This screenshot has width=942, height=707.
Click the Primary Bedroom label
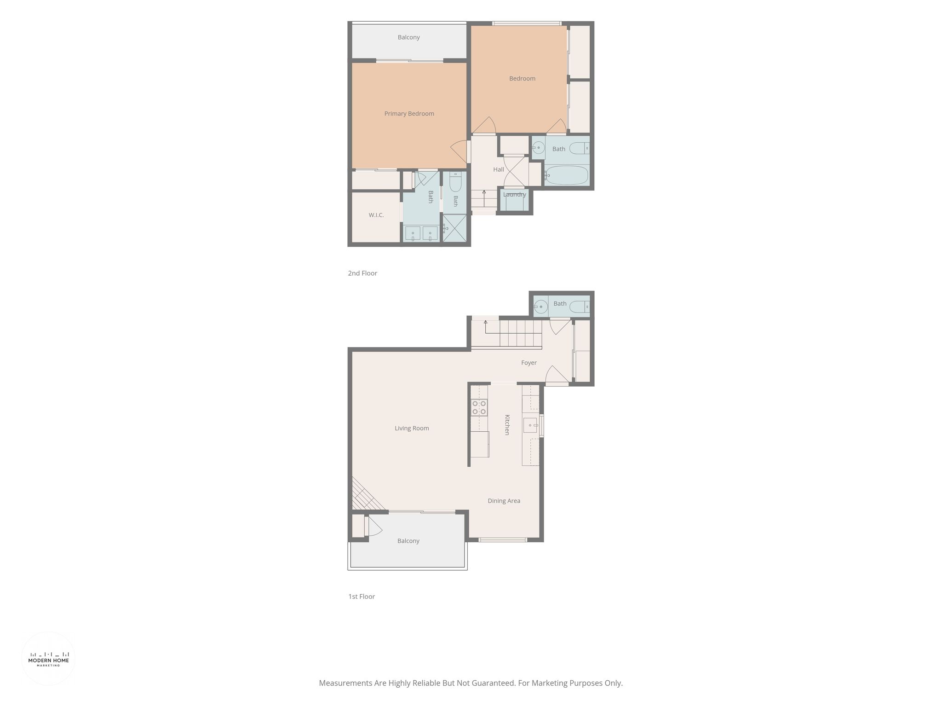pyautogui.click(x=409, y=114)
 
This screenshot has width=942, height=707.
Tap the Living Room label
pyautogui.click(x=412, y=428)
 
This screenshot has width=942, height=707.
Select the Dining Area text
pyautogui.click(x=504, y=501)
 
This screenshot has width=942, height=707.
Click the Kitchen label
pyautogui.click(x=507, y=424)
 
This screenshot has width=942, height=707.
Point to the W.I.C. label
pyautogui.click(x=376, y=215)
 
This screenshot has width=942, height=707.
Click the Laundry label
pyautogui.click(x=514, y=195)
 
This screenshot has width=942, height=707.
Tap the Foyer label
pyautogui.click(x=529, y=363)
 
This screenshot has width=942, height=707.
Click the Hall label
pyautogui.click(x=499, y=169)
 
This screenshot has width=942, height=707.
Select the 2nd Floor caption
pyautogui.click(x=362, y=273)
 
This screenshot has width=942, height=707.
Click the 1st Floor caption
pyautogui.click(x=362, y=597)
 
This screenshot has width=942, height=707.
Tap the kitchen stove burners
pyautogui.click(x=479, y=407)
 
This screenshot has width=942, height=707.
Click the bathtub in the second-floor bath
pyautogui.click(x=566, y=175)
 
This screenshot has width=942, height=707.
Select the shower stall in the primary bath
pyautogui.click(x=454, y=227)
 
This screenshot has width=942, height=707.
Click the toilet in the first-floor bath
pyautogui.click(x=579, y=307)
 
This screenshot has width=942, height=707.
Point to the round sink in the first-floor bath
pyautogui.click(x=540, y=307)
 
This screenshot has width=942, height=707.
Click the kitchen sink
pyautogui.click(x=530, y=425)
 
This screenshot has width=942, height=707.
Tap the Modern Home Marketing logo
pyautogui.click(x=48, y=658)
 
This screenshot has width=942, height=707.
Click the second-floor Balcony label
pyautogui.click(x=409, y=37)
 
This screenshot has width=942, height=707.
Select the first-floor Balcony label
pyautogui.click(x=408, y=541)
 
